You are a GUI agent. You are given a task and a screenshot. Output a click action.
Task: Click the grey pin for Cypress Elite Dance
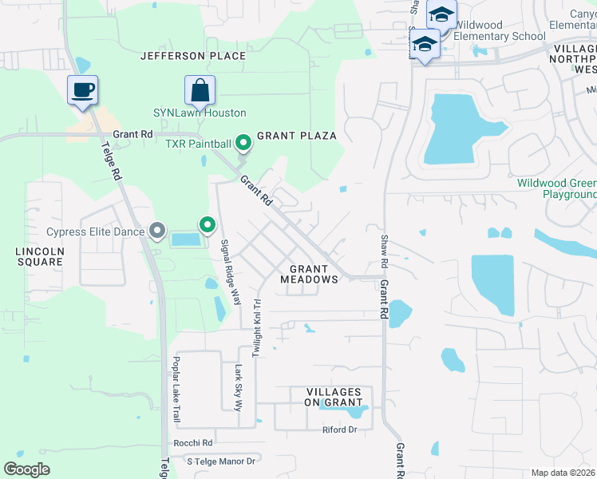click(x=157, y=232)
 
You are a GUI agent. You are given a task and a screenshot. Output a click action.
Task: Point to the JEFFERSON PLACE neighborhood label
click(x=192, y=56)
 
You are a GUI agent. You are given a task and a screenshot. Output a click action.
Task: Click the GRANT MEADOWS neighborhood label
click(x=309, y=274)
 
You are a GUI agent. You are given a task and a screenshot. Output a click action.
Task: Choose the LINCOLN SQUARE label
click(x=39, y=255)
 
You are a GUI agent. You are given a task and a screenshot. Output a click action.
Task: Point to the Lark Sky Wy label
click(x=238, y=387)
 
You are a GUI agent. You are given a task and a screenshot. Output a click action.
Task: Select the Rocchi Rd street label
click(x=192, y=443)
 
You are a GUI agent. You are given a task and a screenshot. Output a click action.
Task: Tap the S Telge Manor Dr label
click(x=220, y=461)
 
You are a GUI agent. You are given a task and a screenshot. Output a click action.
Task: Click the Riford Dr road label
click(x=338, y=430)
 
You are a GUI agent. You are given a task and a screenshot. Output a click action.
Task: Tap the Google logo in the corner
click(x=27, y=469)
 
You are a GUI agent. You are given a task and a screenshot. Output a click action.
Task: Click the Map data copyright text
click(x=563, y=473)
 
